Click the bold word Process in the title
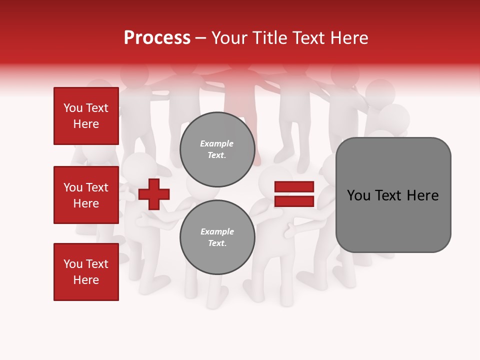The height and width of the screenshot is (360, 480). [x=157, y=38]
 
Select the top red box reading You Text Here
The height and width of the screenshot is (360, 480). [x=86, y=116]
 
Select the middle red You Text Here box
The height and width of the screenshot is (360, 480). [x=86, y=195]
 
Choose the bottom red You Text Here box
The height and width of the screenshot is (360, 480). [x=86, y=271]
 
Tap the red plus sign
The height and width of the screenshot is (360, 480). [x=154, y=194]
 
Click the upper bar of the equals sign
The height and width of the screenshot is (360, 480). [x=294, y=187]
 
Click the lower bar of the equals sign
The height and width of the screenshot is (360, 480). [x=294, y=201]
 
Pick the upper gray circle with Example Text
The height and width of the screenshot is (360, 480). [x=217, y=149]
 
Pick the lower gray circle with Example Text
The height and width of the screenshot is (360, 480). [x=217, y=237]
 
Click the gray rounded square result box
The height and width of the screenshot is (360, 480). [x=393, y=194]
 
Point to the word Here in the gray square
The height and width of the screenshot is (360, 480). [x=422, y=195]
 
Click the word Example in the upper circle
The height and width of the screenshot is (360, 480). [x=217, y=143]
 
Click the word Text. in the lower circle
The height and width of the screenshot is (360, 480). [x=217, y=243]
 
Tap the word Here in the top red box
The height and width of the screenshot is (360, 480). [x=86, y=124]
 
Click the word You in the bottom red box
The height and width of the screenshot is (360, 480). [x=73, y=264]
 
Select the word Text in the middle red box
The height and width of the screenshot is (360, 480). [x=97, y=187]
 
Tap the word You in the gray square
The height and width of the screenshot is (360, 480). [x=358, y=195]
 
